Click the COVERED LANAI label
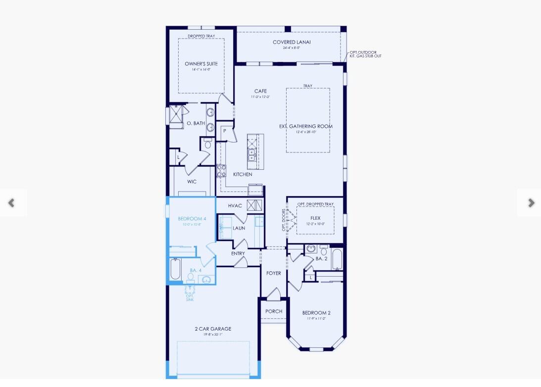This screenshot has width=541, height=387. [x=292, y=43]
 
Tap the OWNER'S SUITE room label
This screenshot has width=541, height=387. [x=201, y=64]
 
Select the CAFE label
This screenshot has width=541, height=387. [x=260, y=91]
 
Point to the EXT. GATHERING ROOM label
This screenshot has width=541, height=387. [x=305, y=126]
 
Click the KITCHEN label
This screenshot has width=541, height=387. [x=243, y=174]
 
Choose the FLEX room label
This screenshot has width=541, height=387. [x=315, y=218]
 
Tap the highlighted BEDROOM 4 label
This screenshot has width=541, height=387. [x=192, y=219]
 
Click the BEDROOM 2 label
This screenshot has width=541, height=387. [x=316, y=313]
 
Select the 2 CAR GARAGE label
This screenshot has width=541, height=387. [x=213, y=329]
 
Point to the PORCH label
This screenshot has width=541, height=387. [x=273, y=311]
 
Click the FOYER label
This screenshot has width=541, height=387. [x=273, y=273]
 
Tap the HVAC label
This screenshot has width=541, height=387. [x=235, y=205]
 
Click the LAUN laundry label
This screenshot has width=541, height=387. [x=239, y=228]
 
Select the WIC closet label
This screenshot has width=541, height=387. [x=192, y=182]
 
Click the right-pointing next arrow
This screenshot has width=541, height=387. [x=531, y=202]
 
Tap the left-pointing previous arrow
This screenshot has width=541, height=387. [x=11, y=202]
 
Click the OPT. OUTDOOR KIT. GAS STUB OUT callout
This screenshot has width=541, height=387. [x=365, y=54]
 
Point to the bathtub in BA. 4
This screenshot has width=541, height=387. [x=175, y=270]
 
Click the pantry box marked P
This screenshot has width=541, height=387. [x=224, y=131]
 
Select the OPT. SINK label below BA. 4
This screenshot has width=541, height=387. [x=190, y=298]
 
